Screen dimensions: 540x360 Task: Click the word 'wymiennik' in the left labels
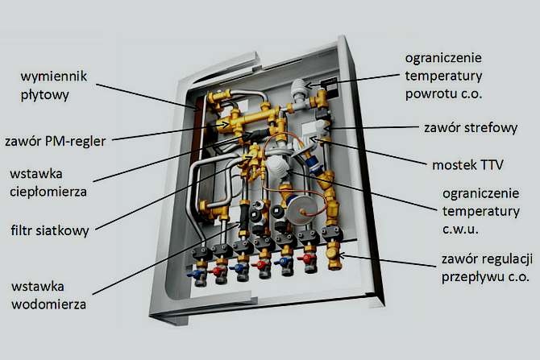[x=54, y=77]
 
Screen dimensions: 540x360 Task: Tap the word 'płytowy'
[x=45, y=95]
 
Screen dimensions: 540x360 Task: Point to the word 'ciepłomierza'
[x=48, y=192]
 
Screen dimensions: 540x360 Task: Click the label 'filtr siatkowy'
[x=50, y=230]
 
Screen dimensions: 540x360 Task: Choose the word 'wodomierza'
[x=48, y=304]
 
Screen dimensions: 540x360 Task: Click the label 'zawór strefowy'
[x=471, y=128]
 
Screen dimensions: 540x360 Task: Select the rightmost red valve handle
[x=306, y=258]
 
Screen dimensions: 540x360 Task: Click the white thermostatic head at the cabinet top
[x=299, y=88]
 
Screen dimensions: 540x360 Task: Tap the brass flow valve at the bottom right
[x=334, y=255]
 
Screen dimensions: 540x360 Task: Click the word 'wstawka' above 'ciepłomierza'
[x=36, y=174]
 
